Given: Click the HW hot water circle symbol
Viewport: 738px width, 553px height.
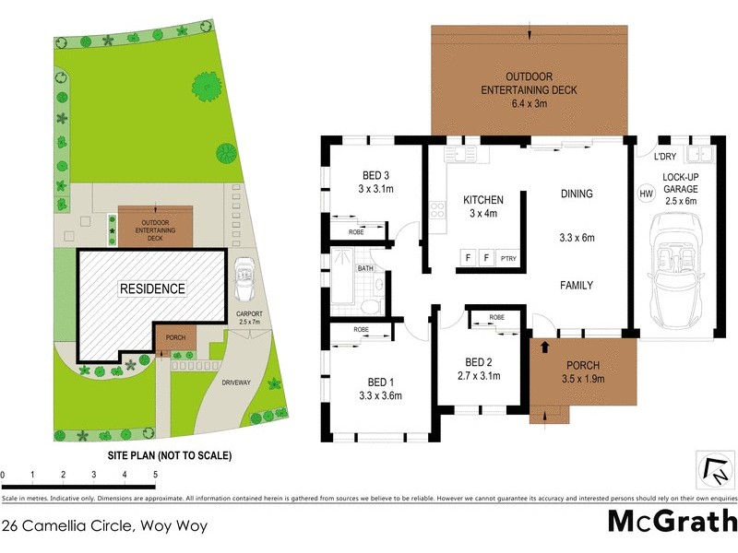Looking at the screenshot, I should click(x=646, y=194).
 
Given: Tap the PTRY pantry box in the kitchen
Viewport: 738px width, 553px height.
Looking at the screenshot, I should click(x=508, y=257).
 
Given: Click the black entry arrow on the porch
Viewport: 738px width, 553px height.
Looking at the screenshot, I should click(x=544, y=347).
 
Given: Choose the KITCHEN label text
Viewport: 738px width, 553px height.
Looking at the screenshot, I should click(x=482, y=200).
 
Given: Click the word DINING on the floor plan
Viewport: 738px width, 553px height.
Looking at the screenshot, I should click(x=577, y=194).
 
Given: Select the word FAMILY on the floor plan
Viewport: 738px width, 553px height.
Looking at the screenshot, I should click(x=577, y=286).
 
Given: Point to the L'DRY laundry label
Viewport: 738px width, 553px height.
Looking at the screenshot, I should click(x=667, y=157).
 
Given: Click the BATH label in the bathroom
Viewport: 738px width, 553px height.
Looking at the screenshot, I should click(x=365, y=269).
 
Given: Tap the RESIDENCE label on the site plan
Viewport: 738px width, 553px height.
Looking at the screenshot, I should click(x=152, y=288).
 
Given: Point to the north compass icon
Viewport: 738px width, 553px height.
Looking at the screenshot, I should click(x=714, y=470).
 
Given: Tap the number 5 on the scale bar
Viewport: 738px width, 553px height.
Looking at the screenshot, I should click(x=155, y=475).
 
